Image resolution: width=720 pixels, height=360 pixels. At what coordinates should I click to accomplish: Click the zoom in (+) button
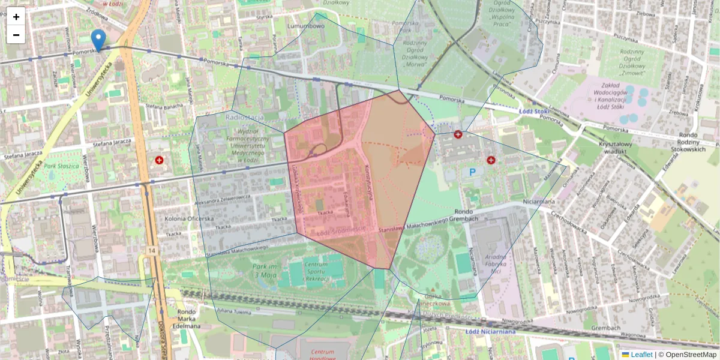[x=16, y=17]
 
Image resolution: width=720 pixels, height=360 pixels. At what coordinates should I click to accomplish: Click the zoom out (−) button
[x=16, y=35]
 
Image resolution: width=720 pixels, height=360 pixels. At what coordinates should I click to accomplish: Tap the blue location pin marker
[x=98, y=40]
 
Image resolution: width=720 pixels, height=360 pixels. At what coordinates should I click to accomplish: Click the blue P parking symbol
[x=472, y=172]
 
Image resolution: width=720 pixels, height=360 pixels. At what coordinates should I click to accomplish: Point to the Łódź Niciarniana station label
[x=490, y=331]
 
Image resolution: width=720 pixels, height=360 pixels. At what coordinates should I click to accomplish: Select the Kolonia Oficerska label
[x=190, y=218]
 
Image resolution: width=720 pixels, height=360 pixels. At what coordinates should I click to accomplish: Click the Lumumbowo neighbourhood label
[x=306, y=26]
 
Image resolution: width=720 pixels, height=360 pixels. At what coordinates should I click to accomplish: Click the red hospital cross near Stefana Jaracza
[x=159, y=160]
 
